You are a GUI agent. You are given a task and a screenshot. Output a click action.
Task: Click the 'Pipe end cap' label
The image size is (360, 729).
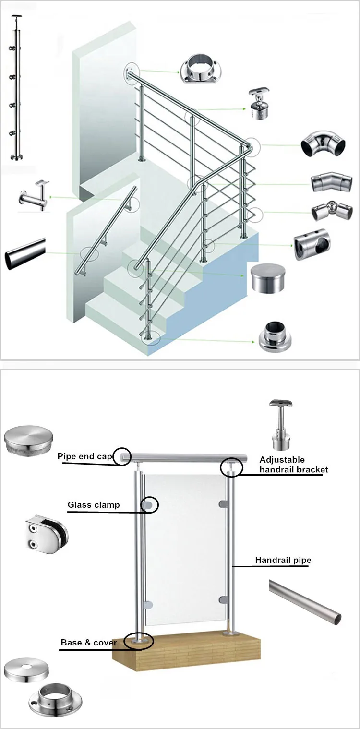(x=84, y=456)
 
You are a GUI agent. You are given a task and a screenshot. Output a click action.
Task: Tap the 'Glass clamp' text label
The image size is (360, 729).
(x=94, y=505)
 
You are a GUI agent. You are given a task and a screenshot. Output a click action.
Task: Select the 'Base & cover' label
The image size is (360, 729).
(x=89, y=642)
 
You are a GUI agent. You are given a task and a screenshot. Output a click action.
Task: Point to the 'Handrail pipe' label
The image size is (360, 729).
(x=283, y=560)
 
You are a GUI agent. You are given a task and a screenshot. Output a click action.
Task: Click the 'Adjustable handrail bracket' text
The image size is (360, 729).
(x=294, y=465)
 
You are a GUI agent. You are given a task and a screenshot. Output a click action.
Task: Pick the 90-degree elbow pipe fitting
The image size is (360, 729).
(x=323, y=143)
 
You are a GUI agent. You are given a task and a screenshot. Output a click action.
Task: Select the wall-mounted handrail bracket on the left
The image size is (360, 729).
(x=34, y=196)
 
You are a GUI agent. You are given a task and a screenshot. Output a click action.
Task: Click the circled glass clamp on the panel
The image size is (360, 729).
(x=149, y=505)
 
